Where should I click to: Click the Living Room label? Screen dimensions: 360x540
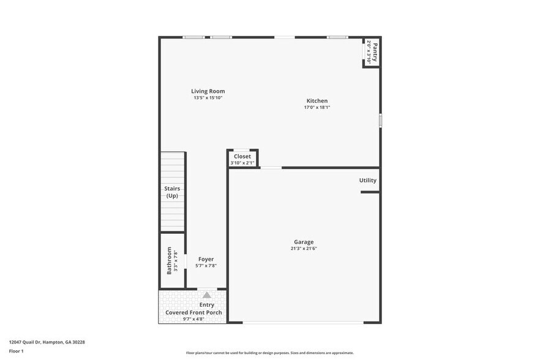click(208, 91)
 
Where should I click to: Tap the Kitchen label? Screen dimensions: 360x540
click(317, 101)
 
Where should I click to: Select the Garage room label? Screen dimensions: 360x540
click(303, 242)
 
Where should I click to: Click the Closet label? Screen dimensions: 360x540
click(242, 156)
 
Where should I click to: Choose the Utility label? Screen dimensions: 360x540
click(367, 180)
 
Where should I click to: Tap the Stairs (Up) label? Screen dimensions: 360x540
click(172, 192)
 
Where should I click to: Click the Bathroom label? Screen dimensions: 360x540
click(170, 260)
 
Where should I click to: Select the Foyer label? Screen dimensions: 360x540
click(206, 259)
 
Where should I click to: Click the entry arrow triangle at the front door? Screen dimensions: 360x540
click(207, 295)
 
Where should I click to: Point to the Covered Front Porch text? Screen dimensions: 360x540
click(193, 312)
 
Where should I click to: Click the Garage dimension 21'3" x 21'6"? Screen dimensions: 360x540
click(303, 249)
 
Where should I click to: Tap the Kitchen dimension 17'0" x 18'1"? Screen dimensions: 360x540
click(317, 108)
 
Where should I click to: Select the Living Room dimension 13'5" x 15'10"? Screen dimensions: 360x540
click(208, 98)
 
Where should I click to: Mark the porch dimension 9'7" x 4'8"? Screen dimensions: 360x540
click(193, 319)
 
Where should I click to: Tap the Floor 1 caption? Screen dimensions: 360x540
click(16, 351)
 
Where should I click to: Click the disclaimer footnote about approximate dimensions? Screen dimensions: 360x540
click(269, 353)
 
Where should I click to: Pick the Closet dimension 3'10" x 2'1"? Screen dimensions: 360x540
click(242, 163)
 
